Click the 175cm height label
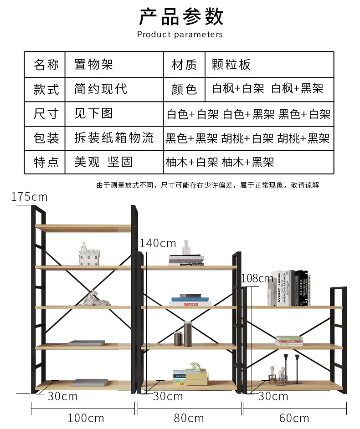pos(30,197)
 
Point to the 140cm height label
pos(158,243)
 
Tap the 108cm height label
pos(257,278)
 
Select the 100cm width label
pos(86,418)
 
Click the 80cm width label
pos(189,418)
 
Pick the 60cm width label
pos(294,418)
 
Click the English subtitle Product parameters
pos(180,35)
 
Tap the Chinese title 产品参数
pos(181,17)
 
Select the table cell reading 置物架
pos(93,65)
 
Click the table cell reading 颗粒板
pos(231,65)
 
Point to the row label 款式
pos(46,89)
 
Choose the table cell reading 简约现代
pos(101,89)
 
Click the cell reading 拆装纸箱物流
pos(114,138)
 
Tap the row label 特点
pos(46,162)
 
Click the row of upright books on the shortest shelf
pos(289,288)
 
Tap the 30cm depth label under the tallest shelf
pos(62,396)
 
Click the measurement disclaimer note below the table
pos(207,185)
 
